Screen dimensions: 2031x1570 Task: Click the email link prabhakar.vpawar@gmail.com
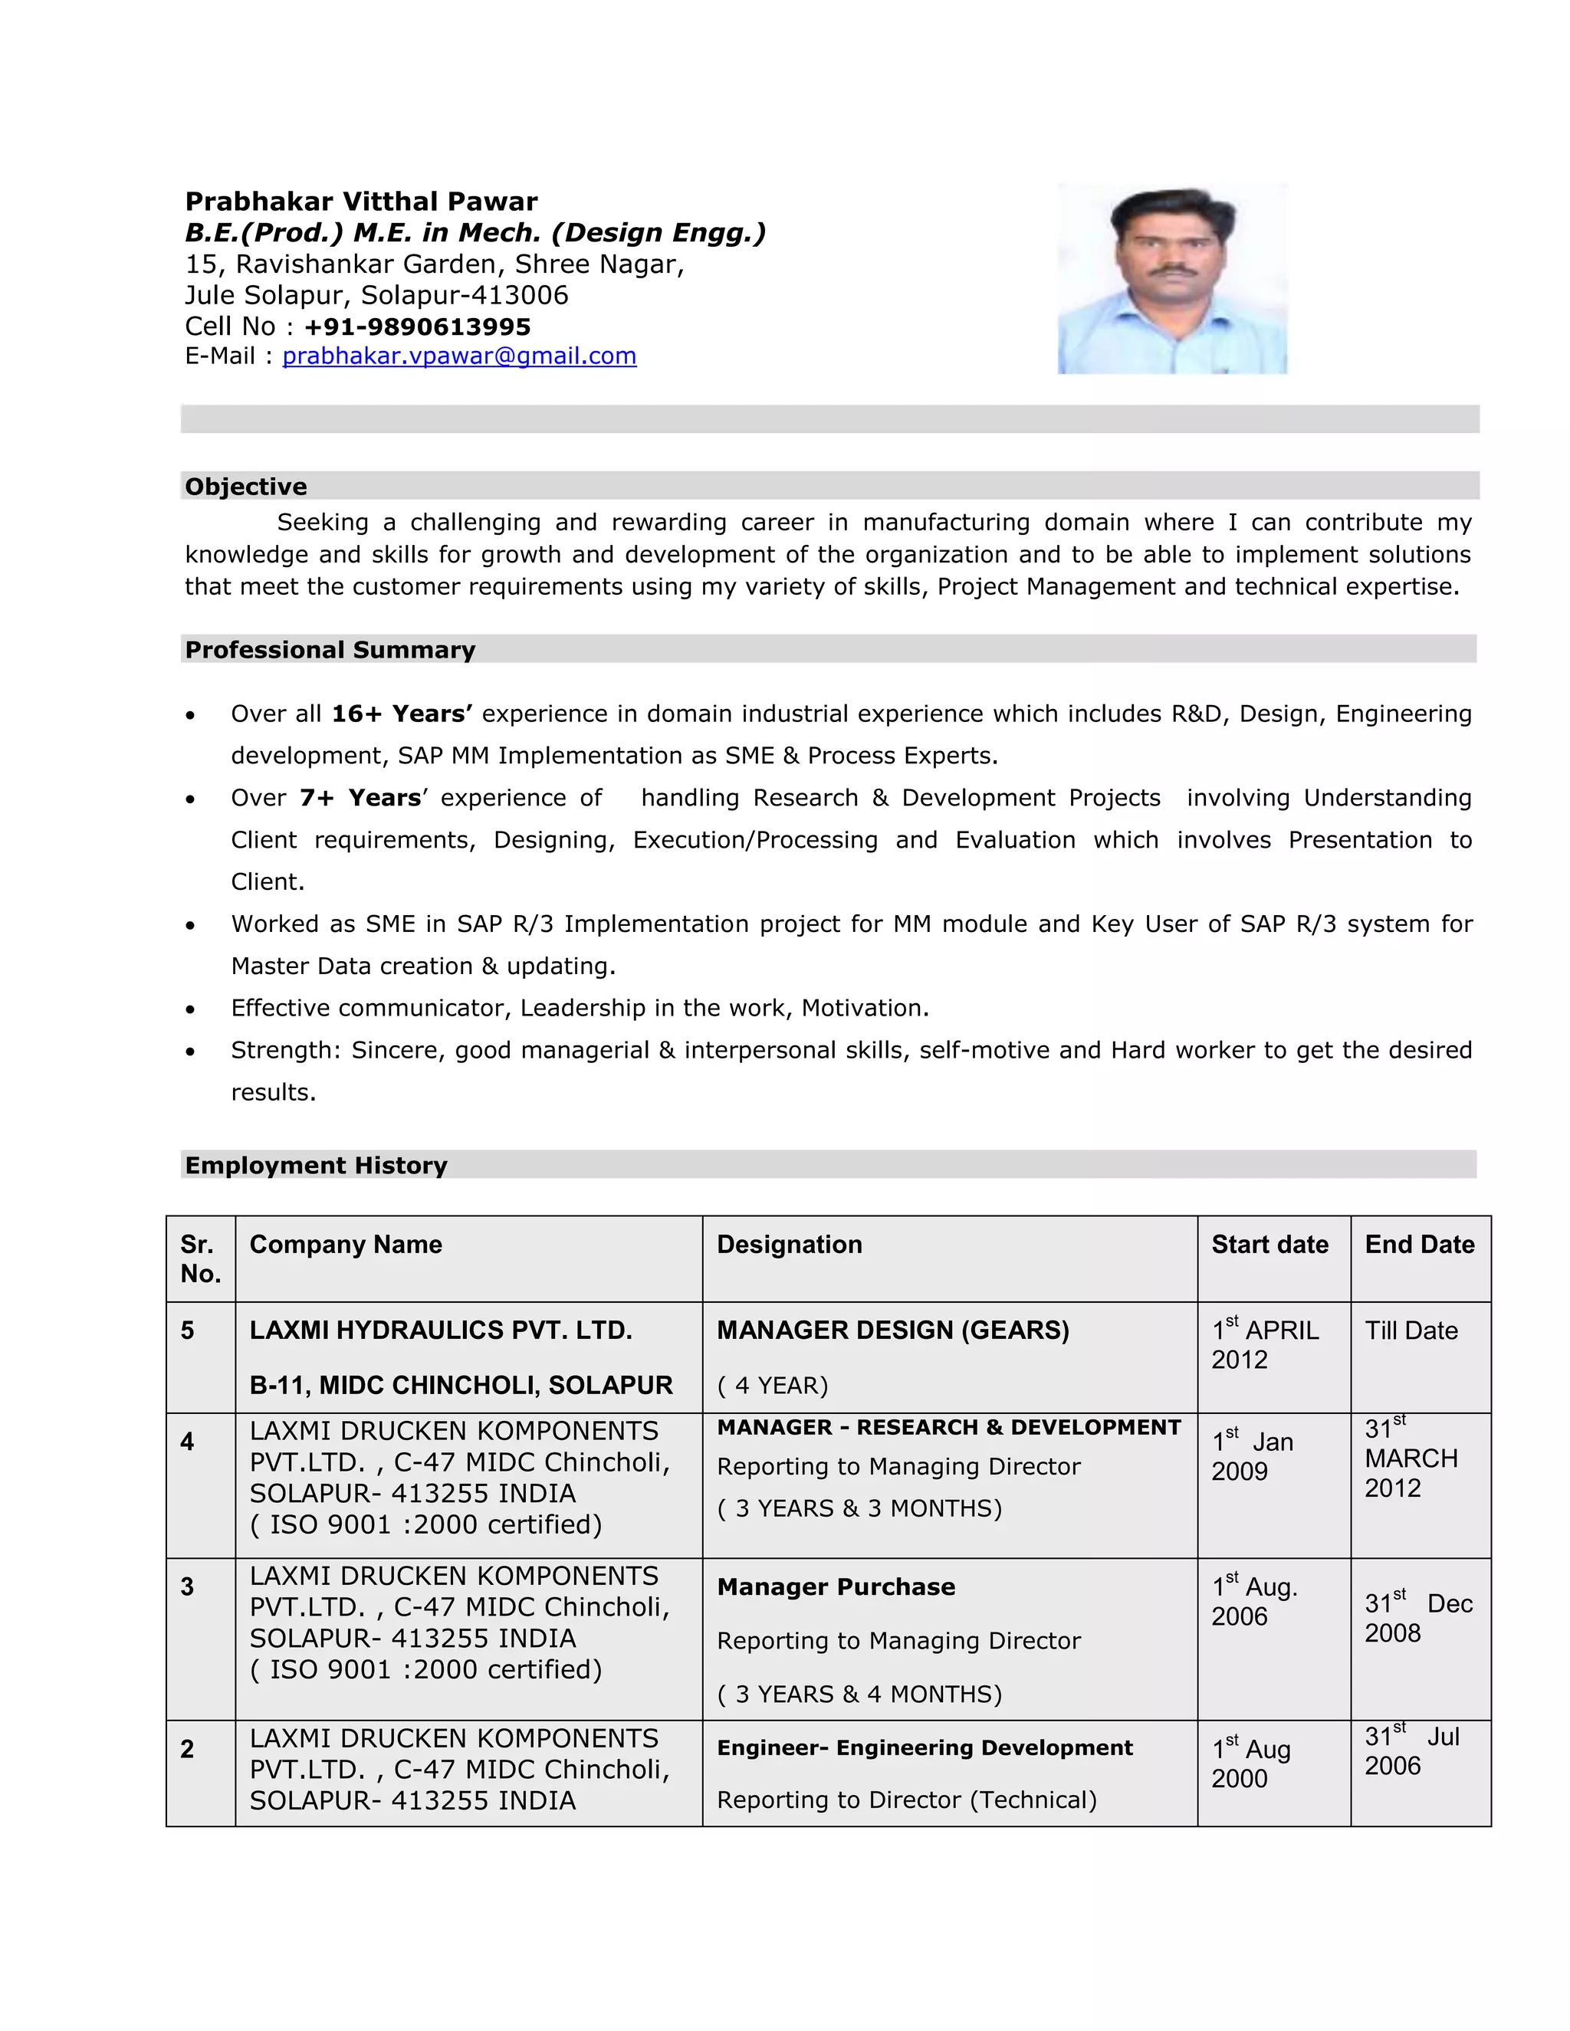pyautogui.click(x=458, y=356)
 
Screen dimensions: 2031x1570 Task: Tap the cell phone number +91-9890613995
pyautogui.click(x=417, y=326)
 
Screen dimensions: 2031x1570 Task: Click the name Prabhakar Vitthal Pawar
pyautogui.click(x=361, y=202)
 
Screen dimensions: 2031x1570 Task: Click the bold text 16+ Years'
pyautogui.click(x=402, y=714)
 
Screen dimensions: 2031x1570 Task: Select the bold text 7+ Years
pyautogui.click(x=360, y=798)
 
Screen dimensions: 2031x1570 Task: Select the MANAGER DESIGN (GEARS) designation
pyautogui.click(x=892, y=1330)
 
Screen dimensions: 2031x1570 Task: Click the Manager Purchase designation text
pyautogui.click(x=836, y=1586)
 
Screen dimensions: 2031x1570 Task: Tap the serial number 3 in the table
pyautogui.click(x=187, y=1586)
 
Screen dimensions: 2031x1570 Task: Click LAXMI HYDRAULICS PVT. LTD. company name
pyautogui.click(x=440, y=1330)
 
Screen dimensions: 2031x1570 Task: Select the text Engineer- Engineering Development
pyautogui.click(x=924, y=1747)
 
